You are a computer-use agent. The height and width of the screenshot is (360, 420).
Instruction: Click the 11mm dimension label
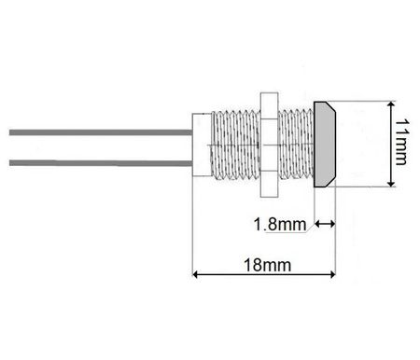400,143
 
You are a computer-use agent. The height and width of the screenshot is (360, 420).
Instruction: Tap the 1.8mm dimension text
281,225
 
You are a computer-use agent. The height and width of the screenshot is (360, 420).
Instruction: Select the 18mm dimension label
266,265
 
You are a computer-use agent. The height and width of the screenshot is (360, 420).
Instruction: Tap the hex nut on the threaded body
270,145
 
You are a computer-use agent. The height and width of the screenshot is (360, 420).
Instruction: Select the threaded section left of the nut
235,145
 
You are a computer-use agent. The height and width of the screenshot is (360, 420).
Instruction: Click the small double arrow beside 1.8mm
325,224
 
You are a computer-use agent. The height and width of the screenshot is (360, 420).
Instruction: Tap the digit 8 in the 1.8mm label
272,225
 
